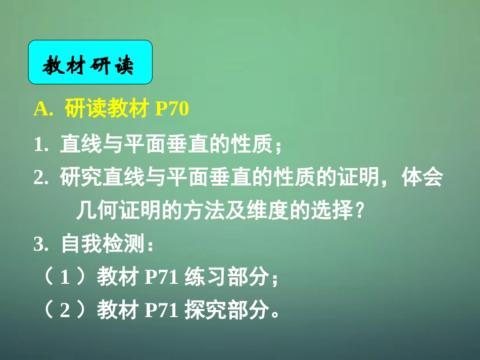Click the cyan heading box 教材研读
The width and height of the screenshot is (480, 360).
[x=90, y=62]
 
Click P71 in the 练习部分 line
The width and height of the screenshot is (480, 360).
[x=162, y=278]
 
